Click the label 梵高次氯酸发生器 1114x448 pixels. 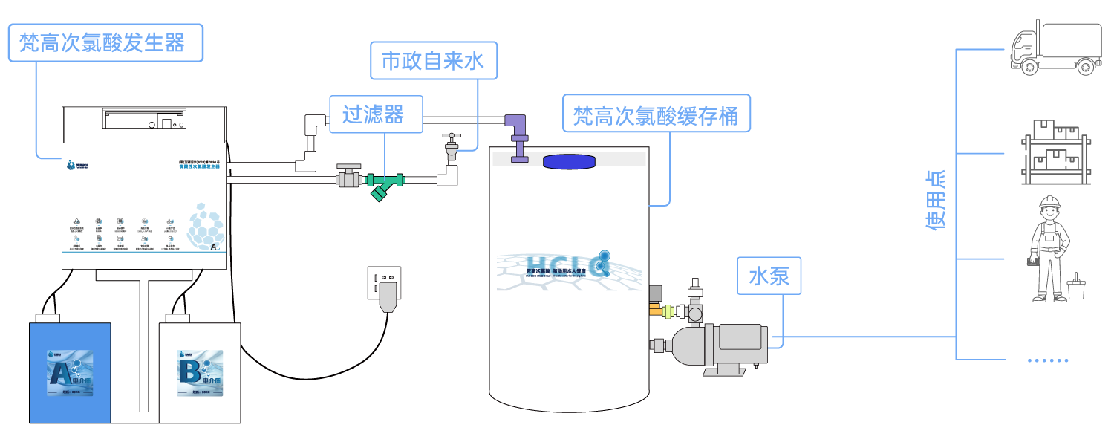(x=105, y=42)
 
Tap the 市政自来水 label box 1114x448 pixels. (x=433, y=60)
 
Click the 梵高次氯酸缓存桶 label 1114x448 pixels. (x=656, y=114)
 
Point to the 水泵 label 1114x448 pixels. (x=769, y=276)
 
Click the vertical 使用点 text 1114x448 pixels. (x=936, y=199)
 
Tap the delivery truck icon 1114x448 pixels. (x=1055, y=48)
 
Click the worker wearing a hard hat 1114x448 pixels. (x=1049, y=248)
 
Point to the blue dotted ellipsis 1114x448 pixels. (x=1048, y=360)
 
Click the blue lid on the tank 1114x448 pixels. (x=569, y=161)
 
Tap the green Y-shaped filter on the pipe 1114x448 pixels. (x=383, y=185)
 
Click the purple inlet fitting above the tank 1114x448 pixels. (x=517, y=137)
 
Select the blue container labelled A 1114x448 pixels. (x=70, y=371)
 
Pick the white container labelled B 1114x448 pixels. (x=200, y=371)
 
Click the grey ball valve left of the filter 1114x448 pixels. (x=348, y=177)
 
